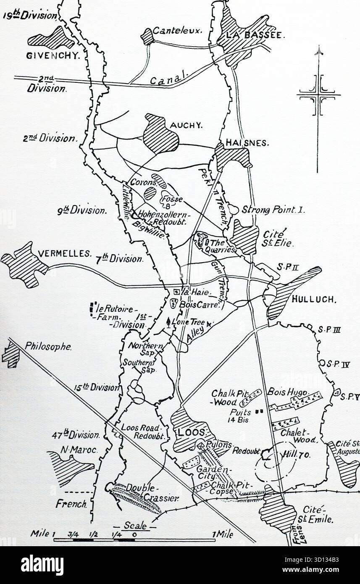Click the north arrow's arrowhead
(319, 51)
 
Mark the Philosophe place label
(48, 347)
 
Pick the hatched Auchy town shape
(161, 133)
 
